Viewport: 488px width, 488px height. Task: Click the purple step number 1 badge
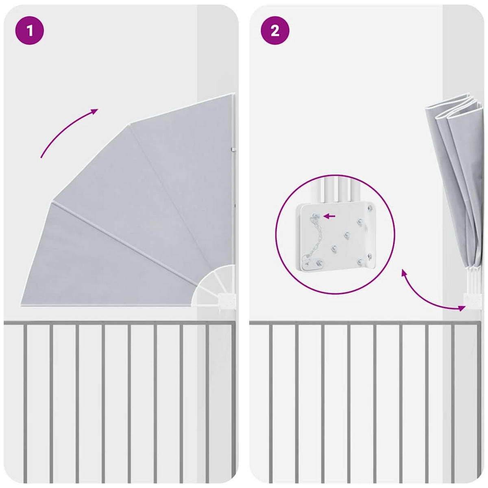[x=30, y=31]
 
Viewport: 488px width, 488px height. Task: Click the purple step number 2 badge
[x=275, y=31]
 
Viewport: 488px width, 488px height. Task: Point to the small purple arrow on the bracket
[x=330, y=216]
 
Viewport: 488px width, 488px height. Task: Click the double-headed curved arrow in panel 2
[x=423, y=297]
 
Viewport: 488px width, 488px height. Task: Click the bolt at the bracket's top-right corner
[x=370, y=208]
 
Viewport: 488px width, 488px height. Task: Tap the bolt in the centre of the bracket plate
[x=346, y=235]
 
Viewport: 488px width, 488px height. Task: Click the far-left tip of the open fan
[x=21, y=305]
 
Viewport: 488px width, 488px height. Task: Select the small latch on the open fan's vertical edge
[x=233, y=149]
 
